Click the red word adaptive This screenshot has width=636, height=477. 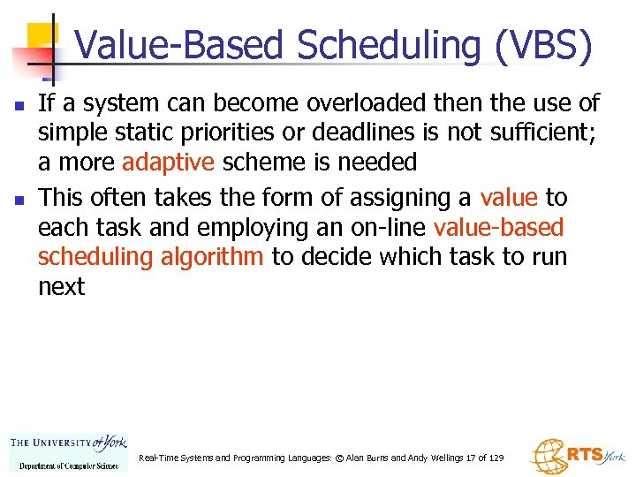168,163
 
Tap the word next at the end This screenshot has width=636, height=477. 61,286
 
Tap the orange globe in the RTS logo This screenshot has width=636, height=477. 547,456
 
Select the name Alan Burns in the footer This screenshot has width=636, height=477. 375,458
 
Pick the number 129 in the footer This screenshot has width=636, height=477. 496,458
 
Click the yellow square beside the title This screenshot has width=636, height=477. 42,37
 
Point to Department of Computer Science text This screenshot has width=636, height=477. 68,466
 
